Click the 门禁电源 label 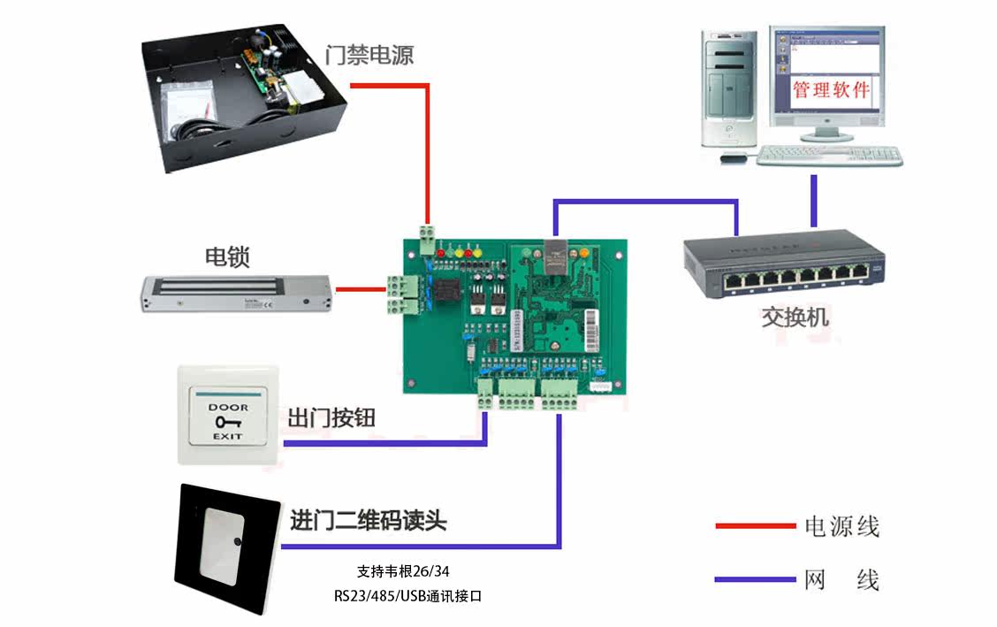tap(369, 55)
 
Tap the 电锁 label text tap(227, 257)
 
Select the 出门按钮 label tap(331, 417)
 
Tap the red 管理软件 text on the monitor tap(830, 89)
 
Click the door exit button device tap(228, 414)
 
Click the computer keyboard tap(830, 155)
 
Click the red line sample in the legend tap(755, 526)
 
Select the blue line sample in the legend tap(755, 580)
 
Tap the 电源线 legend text tap(841, 527)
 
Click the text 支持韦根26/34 tap(408, 571)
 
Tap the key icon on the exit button tap(227, 422)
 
